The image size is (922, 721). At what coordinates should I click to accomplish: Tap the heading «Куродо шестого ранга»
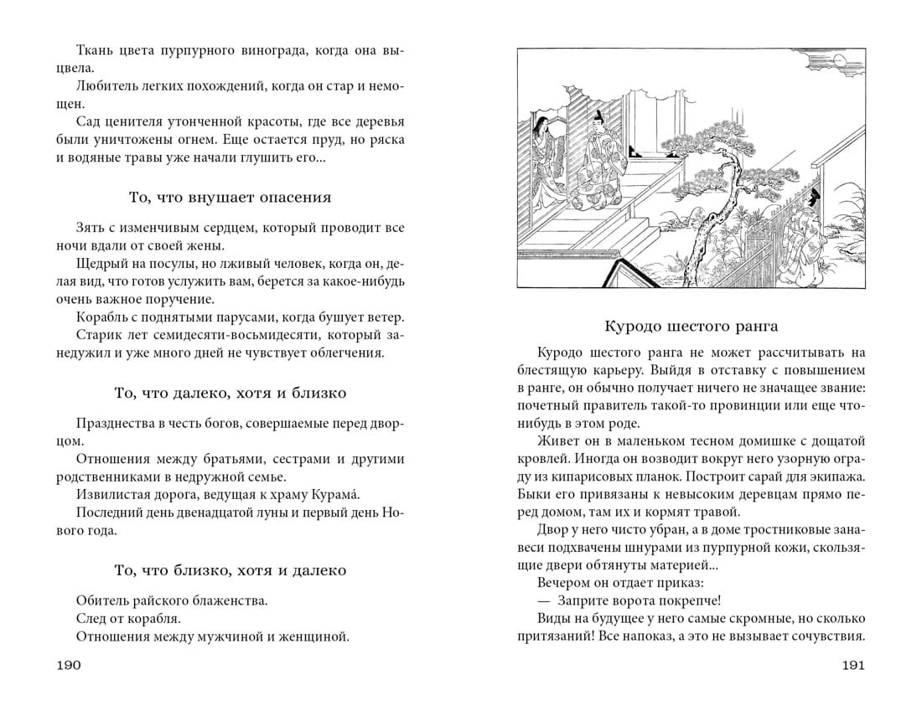coord(691,326)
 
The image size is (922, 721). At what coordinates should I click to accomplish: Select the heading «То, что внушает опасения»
coord(230,198)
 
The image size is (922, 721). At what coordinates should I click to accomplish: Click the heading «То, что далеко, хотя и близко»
coord(230,393)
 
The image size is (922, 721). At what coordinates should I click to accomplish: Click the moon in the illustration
coord(857,78)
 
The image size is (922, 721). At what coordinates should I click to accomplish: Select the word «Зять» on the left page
coord(89,228)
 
